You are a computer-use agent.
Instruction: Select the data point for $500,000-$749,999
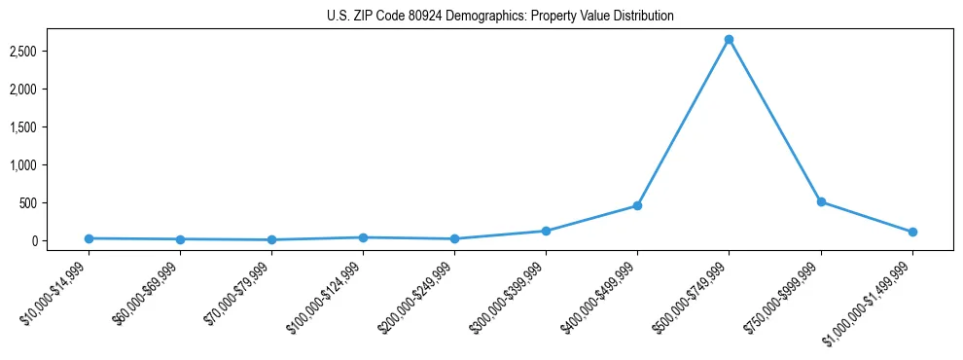729,40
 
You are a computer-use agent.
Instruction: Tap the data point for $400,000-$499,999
637,205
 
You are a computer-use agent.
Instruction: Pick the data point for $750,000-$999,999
821,201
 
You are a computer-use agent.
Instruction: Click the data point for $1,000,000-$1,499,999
912,232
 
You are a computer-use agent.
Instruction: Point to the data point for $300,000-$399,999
546,231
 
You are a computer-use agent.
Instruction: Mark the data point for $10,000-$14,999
89,238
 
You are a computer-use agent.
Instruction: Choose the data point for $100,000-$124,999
363,237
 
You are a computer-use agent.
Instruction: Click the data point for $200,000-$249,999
454,238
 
